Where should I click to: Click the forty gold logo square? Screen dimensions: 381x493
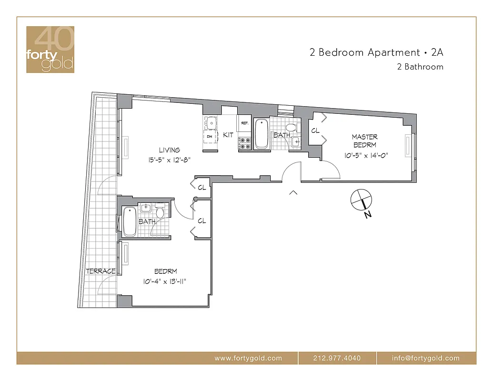tap(50, 50)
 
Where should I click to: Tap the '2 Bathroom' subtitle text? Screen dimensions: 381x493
tap(420, 67)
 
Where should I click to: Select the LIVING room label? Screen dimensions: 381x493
tap(170, 150)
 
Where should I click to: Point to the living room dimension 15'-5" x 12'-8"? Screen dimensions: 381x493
tap(169, 160)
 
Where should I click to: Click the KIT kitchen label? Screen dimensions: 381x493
tap(228, 135)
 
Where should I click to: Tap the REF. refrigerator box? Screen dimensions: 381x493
tap(245, 123)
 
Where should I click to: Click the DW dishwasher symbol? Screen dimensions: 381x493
tap(210, 137)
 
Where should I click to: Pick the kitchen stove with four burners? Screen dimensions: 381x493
tap(245, 143)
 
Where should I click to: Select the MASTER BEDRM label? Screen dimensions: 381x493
tap(365, 140)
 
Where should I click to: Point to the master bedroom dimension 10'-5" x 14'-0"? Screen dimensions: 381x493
tap(364, 155)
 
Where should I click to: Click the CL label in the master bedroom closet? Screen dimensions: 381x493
tap(315, 130)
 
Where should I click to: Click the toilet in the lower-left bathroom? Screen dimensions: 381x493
tap(160, 212)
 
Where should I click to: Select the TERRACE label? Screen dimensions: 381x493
tap(101, 271)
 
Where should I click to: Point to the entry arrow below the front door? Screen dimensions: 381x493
tap(293, 192)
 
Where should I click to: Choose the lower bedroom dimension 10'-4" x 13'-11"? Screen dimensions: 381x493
tap(164, 281)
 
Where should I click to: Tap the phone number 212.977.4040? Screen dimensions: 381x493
tap(337, 358)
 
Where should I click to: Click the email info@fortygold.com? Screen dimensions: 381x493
tap(426, 358)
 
